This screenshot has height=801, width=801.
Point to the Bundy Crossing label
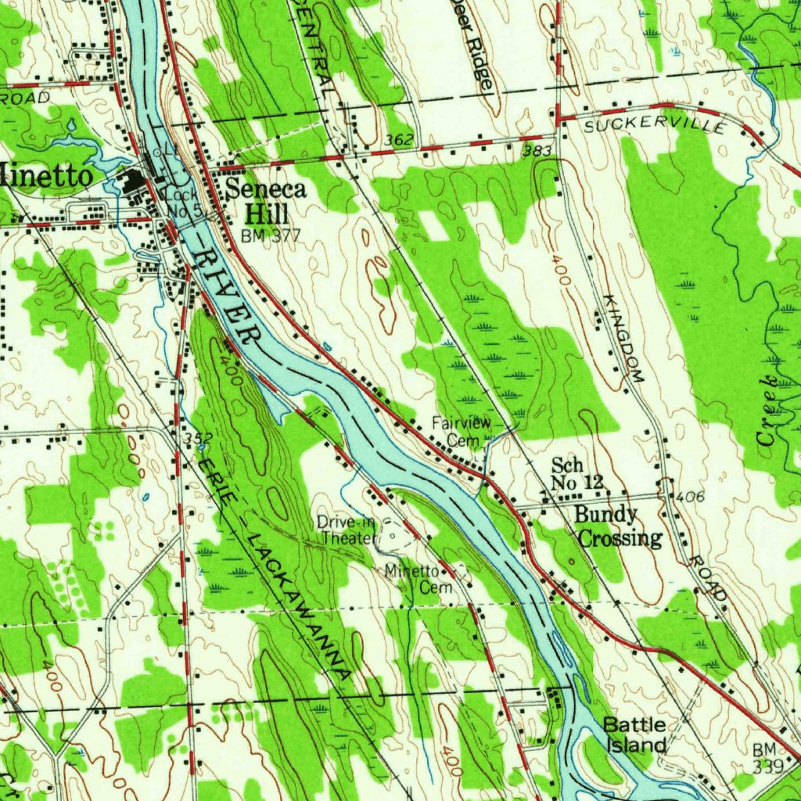click(x=618, y=526)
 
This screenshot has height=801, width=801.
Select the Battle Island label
click(x=634, y=735)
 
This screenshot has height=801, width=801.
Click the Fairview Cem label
click(x=462, y=432)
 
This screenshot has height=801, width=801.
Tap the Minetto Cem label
click(x=413, y=580)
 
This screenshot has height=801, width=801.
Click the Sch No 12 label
click(x=577, y=474)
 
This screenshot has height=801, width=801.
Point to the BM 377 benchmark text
click(x=265, y=235)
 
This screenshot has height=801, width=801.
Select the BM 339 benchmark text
click(x=767, y=758)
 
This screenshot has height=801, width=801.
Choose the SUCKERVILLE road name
click(x=655, y=124)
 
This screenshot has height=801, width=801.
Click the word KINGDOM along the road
click(x=623, y=338)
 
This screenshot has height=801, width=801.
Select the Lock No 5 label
click(x=185, y=203)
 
